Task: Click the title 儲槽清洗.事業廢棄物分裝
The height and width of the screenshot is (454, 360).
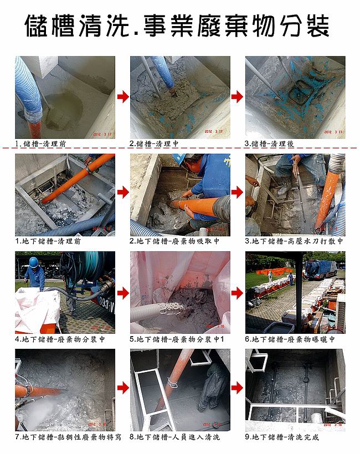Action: coord(178,26)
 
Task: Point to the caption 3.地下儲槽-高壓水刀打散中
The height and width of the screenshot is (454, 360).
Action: coord(294,241)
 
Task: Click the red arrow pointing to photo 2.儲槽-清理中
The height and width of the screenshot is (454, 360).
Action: coord(122,97)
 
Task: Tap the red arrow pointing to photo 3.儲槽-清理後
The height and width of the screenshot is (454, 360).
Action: coord(237,97)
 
